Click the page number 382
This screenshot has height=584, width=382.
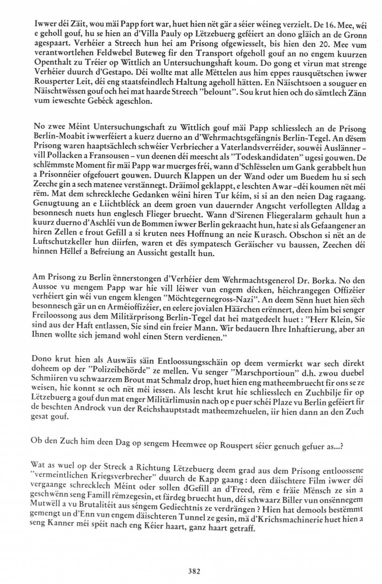(195, 571)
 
